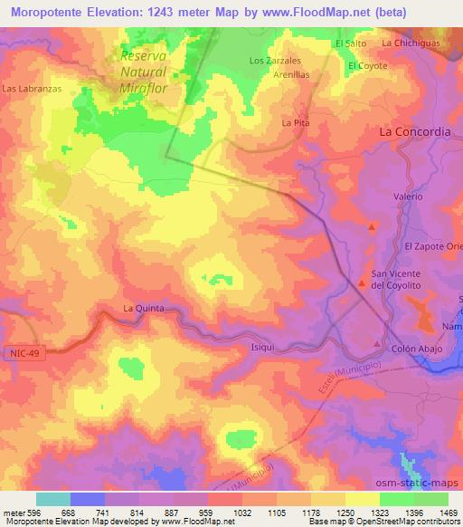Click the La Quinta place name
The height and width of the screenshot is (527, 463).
pos(144,309)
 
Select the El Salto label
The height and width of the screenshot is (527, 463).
pos(350,43)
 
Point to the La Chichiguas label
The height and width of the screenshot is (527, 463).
pos(411,43)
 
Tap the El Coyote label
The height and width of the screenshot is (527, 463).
pos(368,66)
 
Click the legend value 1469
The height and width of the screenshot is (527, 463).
pos(438,513)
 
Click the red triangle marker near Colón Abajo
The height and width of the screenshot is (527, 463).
pos(378,342)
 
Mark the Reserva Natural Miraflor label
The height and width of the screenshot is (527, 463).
pos(145,72)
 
